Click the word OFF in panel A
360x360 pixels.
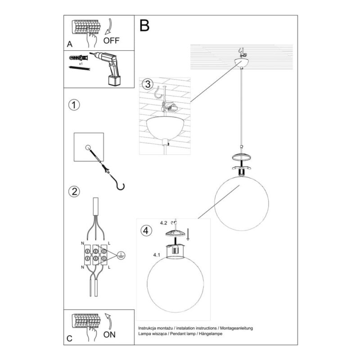[111, 40]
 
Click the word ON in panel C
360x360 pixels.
[109, 334]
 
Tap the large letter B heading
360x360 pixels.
[144, 26]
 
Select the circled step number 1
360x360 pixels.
[74, 105]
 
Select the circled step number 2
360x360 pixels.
[74, 191]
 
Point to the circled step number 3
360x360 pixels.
[148, 84]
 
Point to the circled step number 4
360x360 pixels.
[146, 230]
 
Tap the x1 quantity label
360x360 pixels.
[81, 64]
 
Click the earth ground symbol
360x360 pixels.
[121, 255]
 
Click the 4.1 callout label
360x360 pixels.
[157, 255]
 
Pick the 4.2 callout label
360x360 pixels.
[163, 223]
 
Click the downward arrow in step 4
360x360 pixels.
[188, 234]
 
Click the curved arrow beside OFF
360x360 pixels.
[108, 27]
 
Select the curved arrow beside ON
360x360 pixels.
[108, 321]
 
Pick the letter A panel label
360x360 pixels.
[70, 44]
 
